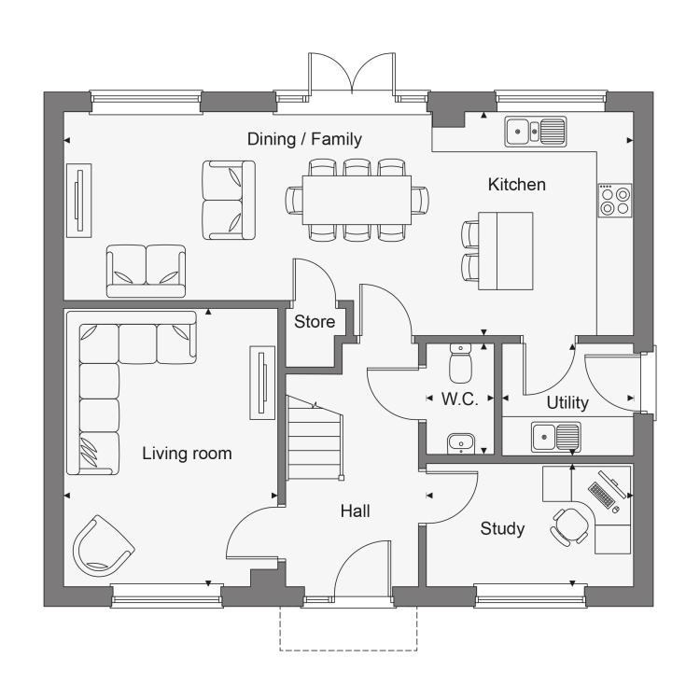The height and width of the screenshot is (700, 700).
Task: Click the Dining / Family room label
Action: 304,139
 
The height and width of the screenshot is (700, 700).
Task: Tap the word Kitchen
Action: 516,185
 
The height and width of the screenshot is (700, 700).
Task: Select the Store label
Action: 315,321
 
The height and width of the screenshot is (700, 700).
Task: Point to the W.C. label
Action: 460,399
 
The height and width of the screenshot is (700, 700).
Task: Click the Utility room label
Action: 567,402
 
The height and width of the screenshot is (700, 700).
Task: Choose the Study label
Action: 502,528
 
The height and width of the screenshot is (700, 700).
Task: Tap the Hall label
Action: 355,511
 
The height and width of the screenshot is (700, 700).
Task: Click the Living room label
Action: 187,454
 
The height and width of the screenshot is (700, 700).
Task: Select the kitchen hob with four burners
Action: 615,201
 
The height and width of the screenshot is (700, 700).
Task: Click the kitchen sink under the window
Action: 536,132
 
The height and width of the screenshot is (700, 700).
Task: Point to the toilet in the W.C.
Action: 460,363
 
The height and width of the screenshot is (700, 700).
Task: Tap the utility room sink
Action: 556,437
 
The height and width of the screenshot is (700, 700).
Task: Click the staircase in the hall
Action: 315,439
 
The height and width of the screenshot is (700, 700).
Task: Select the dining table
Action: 357,200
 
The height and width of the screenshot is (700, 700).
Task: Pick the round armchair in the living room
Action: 103,546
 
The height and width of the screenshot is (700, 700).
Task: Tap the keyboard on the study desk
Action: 600,495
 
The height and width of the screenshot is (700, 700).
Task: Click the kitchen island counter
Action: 506,251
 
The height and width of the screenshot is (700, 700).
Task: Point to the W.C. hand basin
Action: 461,442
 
